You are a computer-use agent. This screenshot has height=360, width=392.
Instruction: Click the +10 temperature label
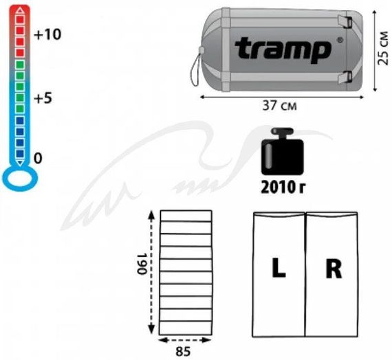pos(47,36)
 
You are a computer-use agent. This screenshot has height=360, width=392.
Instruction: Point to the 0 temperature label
pos(39,158)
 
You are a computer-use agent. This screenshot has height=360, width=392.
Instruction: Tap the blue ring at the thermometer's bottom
pos(19,179)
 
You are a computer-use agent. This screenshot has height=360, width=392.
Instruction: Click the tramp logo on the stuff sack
pos(282,49)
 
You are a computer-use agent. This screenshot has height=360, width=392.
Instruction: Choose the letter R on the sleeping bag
pos(334,270)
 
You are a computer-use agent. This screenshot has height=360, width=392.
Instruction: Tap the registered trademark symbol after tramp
pos(339,40)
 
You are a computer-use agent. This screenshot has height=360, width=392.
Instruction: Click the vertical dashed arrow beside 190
pos(152,271)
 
